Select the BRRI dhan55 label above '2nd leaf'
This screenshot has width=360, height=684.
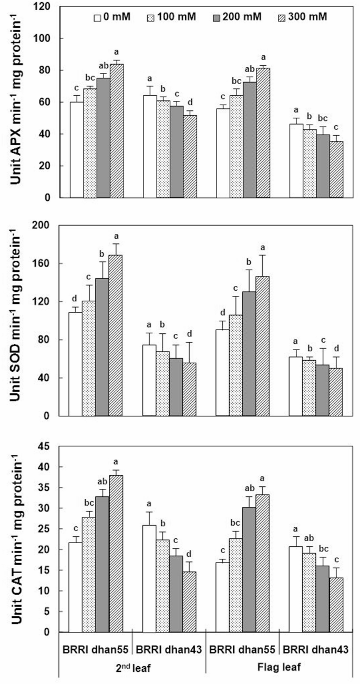pos(96,645)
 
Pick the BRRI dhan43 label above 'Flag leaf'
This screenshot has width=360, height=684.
pos(313,645)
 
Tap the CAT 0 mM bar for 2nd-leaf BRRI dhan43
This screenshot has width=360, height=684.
pos(149,578)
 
